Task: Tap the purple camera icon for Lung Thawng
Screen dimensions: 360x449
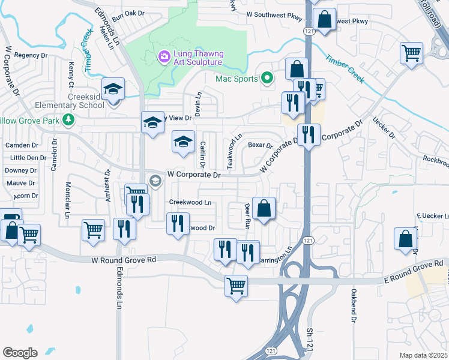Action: pyautogui.click(x=163, y=56)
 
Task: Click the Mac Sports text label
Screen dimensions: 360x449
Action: pyautogui.click(x=237, y=79)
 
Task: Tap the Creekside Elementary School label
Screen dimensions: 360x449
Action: pyautogui.click(x=77, y=101)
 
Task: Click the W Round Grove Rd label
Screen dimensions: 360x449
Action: pyautogui.click(x=124, y=260)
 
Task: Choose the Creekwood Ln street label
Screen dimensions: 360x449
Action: pyautogui.click(x=190, y=202)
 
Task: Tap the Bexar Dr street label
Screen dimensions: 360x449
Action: pyautogui.click(x=261, y=145)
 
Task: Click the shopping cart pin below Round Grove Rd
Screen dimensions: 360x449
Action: pyautogui.click(x=237, y=285)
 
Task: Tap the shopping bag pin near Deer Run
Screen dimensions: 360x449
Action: pyautogui.click(x=264, y=209)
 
